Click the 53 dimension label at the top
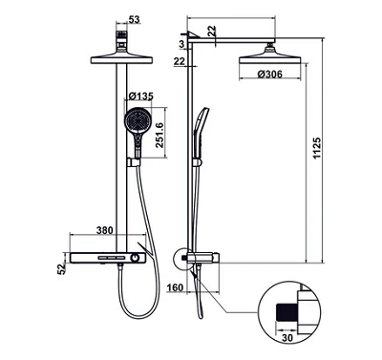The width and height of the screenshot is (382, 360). pyautogui.click(x=135, y=19)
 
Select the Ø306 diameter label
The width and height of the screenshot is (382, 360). pyautogui.click(x=270, y=74)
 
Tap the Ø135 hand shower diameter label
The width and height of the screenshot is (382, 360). pyautogui.click(x=141, y=95)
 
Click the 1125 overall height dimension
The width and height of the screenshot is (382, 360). pyautogui.click(x=317, y=148)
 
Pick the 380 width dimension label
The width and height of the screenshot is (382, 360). pyautogui.click(x=105, y=230)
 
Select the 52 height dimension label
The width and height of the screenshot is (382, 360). pyautogui.click(x=61, y=268)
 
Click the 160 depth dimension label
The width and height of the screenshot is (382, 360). pyautogui.click(x=176, y=287)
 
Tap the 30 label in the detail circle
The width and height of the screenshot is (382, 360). pyautogui.click(x=287, y=337)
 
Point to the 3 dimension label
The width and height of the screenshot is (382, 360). pyautogui.click(x=181, y=44)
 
